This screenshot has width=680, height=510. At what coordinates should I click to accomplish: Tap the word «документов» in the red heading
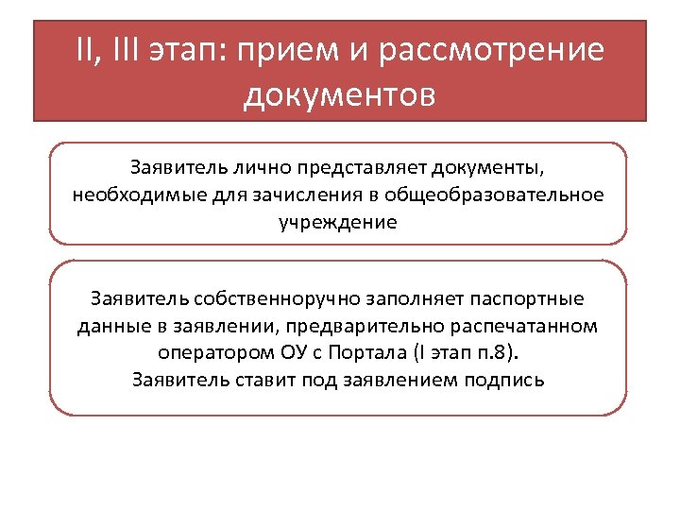[x=339, y=94]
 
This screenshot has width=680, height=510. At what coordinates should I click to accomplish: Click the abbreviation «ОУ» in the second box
[x=289, y=353]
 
